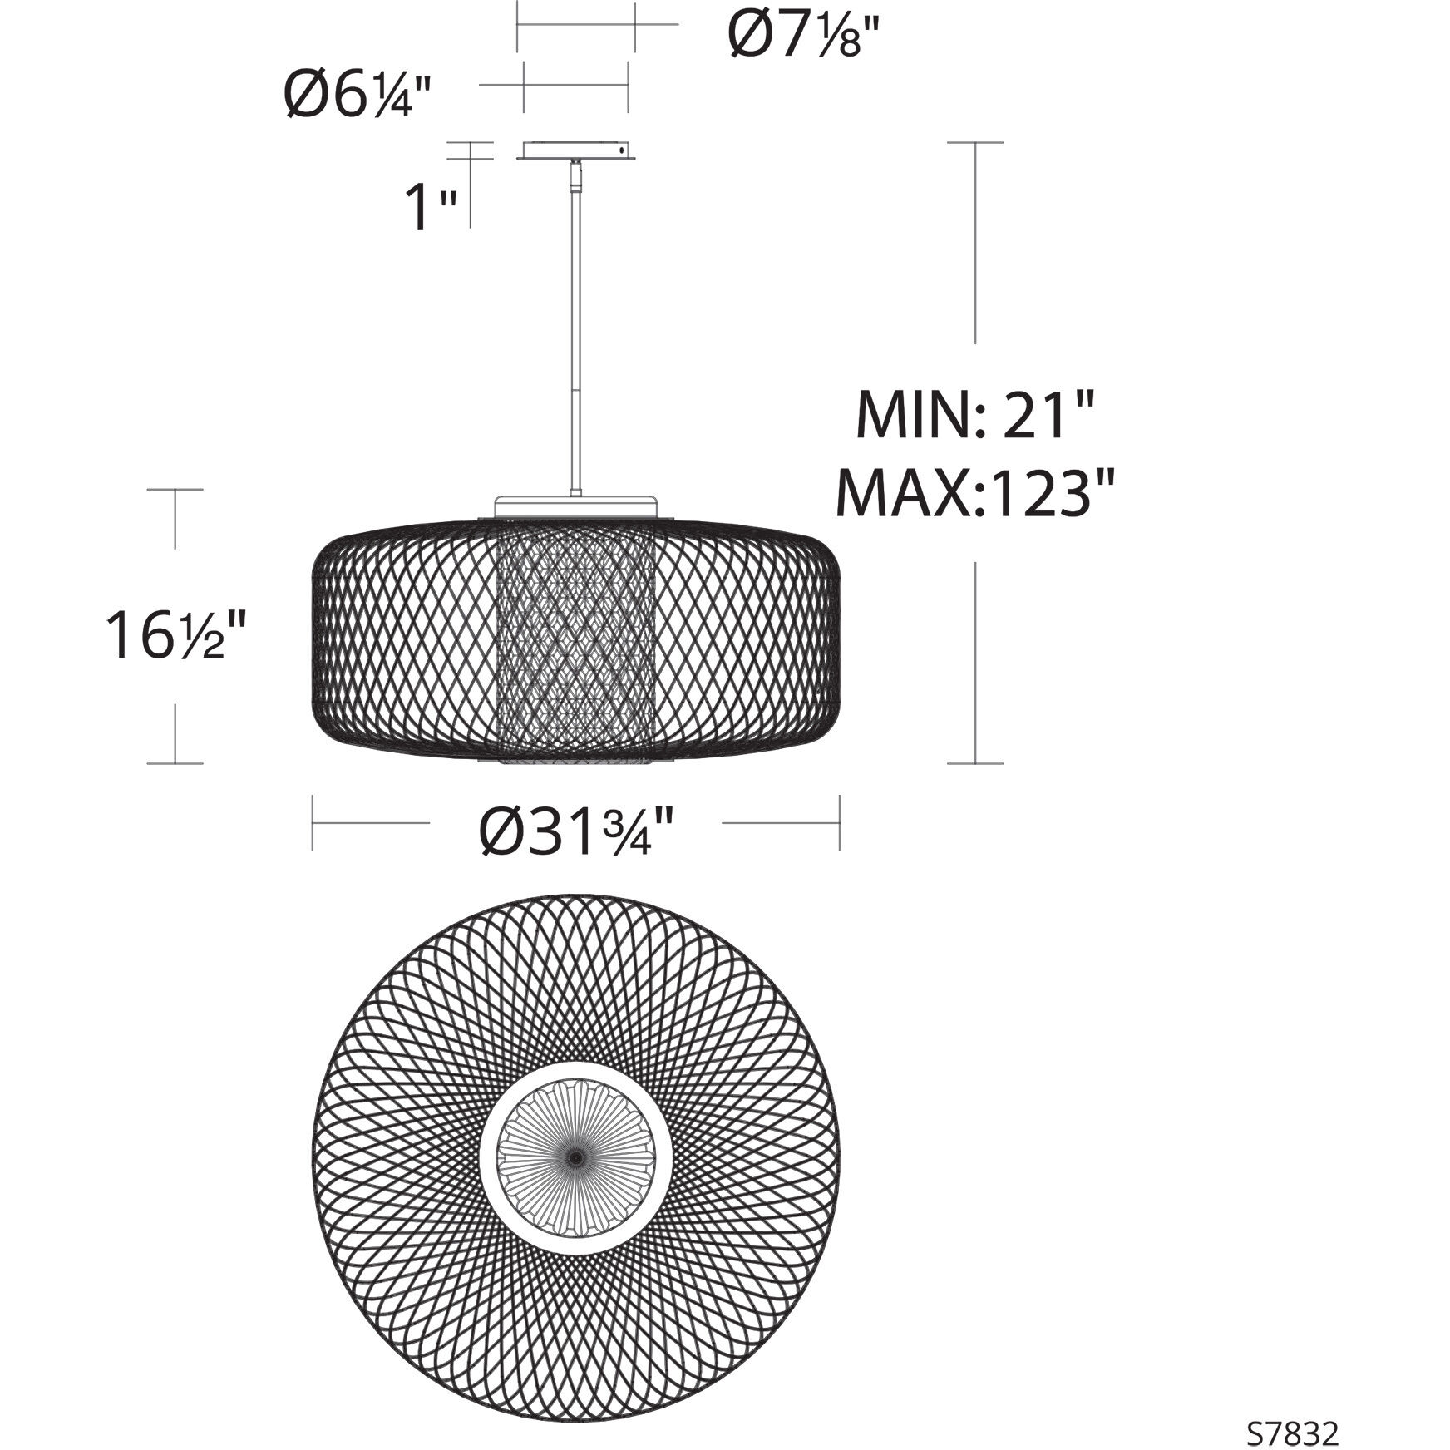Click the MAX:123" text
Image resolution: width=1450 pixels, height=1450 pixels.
pos(974,492)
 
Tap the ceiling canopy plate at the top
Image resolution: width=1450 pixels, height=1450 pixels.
pos(575,151)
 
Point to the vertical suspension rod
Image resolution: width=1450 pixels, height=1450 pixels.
pos(575,333)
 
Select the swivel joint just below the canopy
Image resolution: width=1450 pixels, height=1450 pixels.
pos(575,174)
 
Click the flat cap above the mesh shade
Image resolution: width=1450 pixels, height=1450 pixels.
pos(575,506)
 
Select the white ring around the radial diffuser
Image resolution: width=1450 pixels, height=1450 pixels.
pos(491,1157)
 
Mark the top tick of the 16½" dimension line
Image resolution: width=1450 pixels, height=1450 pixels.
pos(175,490)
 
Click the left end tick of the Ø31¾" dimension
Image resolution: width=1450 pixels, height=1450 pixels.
pos(313,823)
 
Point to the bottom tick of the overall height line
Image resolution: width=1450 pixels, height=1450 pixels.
pos(975,762)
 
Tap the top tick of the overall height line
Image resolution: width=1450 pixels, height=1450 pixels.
pos(975,142)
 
